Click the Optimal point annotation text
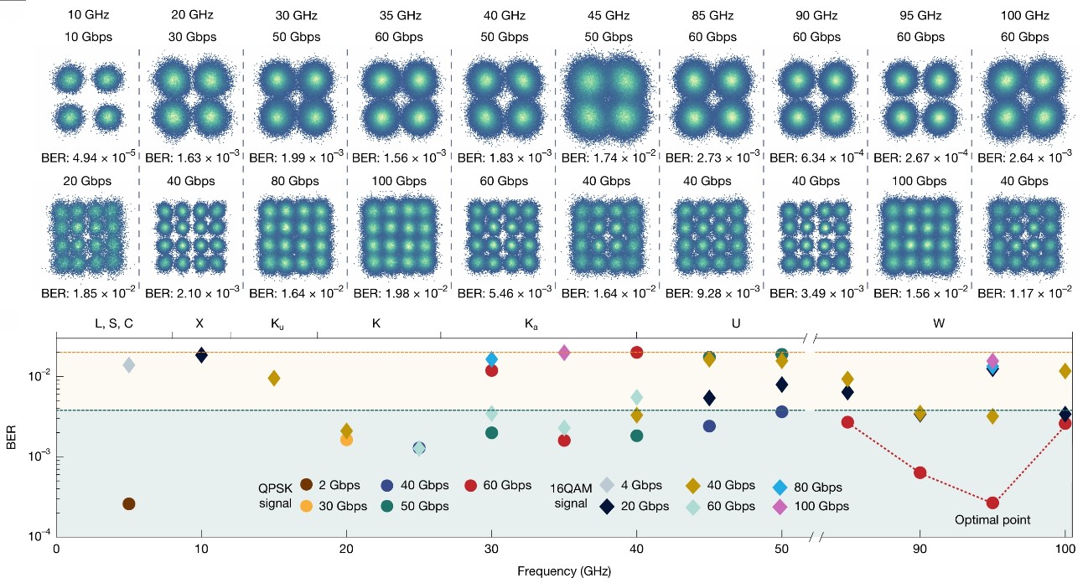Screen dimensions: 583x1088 point(992,520)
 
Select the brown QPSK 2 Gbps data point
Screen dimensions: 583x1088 point(128,503)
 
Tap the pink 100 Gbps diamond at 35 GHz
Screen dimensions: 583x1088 point(564,353)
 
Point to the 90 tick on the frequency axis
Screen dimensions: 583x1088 point(920,549)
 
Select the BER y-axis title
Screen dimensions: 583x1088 point(12,441)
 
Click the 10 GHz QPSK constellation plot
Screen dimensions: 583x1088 point(86,97)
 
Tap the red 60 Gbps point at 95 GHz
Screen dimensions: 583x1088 point(992,503)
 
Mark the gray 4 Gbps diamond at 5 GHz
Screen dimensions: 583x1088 point(128,364)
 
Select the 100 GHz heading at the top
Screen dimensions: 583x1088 point(1024,14)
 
